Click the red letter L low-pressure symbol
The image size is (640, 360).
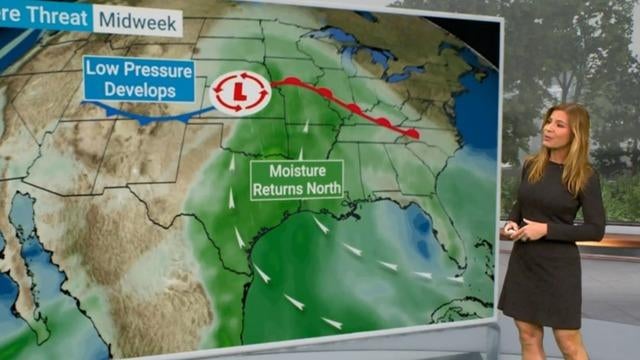point(240,92)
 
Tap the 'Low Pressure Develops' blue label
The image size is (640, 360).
point(138,79)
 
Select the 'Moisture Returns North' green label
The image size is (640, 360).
point(296,179)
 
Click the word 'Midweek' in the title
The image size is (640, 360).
point(140,21)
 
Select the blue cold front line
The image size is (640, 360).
point(150,117)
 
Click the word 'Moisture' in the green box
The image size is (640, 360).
point(297,170)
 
